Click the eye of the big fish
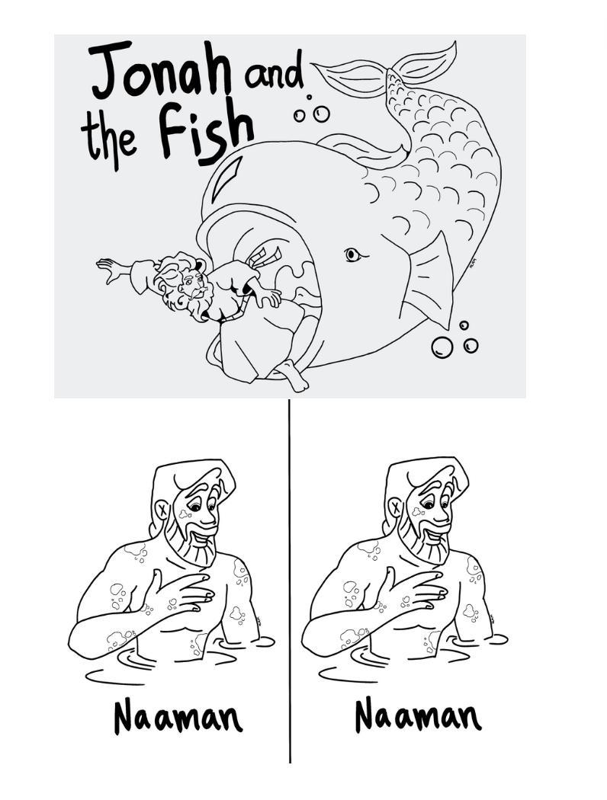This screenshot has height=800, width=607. pos(353,254)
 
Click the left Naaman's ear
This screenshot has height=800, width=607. pos(162,510)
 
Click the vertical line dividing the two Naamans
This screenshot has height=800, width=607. pos(290,581)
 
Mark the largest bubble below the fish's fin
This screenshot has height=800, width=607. pos(442,347)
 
